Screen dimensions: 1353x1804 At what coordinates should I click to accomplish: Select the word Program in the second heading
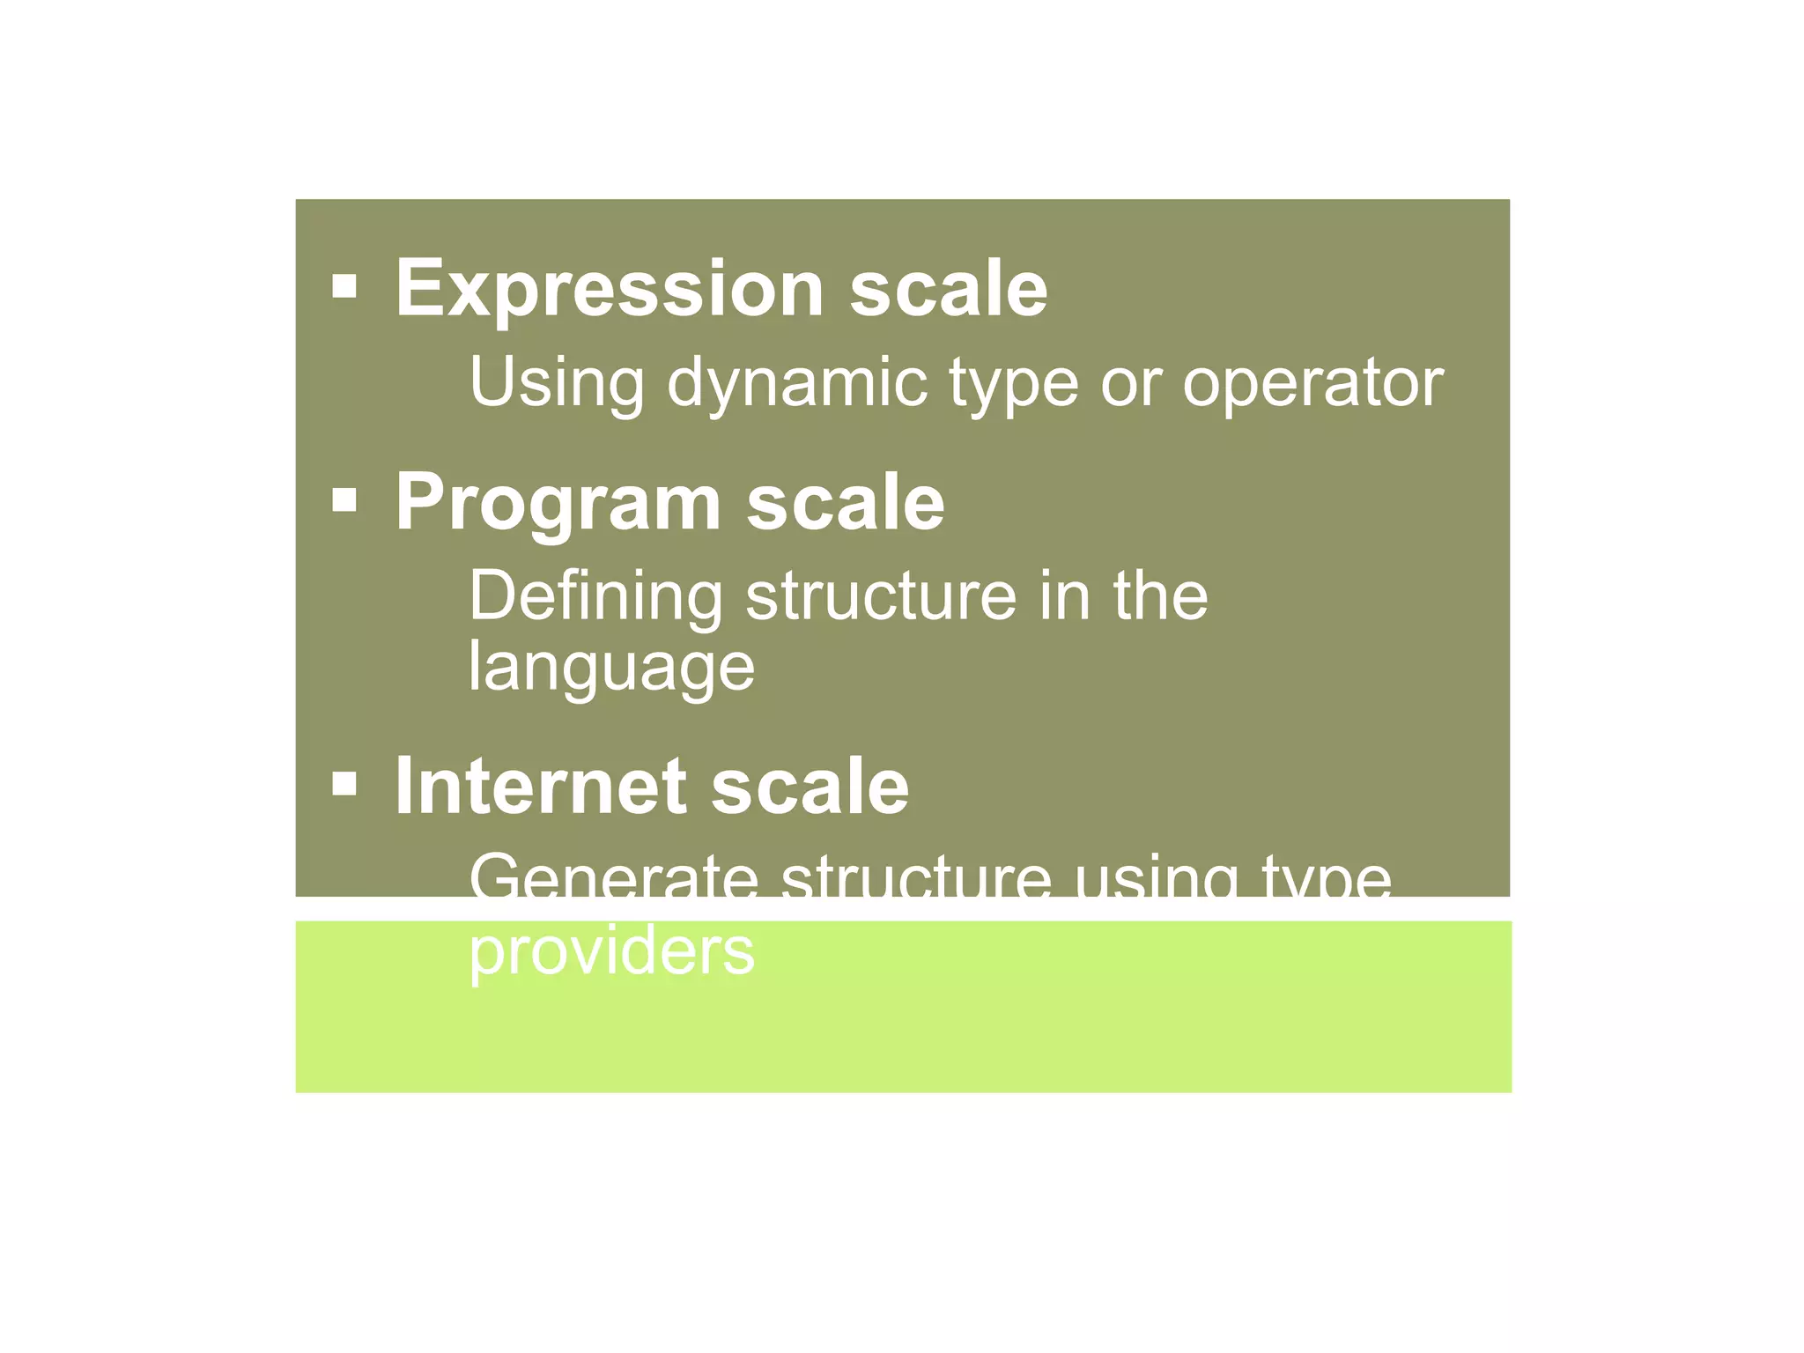[558, 503]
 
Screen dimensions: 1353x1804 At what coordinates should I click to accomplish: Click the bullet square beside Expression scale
[344, 286]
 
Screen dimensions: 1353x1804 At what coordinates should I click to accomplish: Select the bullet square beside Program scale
[344, 500]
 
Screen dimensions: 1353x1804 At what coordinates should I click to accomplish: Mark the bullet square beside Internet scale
[344, 783]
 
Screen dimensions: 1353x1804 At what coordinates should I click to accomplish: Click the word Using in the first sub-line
[558, 382]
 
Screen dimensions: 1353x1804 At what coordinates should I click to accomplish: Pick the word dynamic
[797, 384]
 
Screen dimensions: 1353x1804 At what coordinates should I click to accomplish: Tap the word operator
[1312, 384]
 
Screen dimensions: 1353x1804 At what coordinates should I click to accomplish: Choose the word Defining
[595, 597]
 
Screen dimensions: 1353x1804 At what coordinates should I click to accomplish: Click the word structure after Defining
[881, 597]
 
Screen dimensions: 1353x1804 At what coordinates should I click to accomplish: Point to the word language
[611, 668]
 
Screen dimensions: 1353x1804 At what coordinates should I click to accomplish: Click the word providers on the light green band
[611, 951]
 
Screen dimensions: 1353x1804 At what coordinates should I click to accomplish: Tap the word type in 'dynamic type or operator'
[1013, 386]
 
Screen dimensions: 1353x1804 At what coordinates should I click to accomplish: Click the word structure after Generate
[916, 879]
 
